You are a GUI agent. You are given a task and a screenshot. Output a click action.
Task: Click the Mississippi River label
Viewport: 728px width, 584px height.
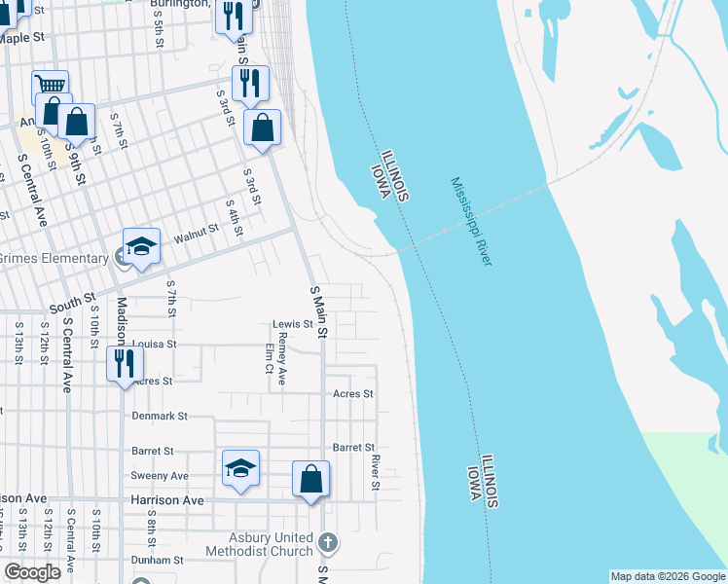[x=472, y=222]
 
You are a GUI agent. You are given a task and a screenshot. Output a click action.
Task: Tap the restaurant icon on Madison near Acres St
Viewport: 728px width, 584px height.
[x=125, y=364]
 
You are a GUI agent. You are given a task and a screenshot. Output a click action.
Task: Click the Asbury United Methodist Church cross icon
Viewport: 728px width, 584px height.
[x=328, y=541]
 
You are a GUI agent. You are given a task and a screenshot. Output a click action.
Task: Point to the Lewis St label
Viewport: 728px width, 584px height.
[x=292, y=324]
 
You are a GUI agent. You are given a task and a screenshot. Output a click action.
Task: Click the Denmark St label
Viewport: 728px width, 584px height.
[x=159, y=416]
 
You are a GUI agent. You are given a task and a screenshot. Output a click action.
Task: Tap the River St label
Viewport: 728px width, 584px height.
[x=376, y=471]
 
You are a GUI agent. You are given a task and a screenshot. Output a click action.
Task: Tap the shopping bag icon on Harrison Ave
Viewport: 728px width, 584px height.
[x=310, y=478]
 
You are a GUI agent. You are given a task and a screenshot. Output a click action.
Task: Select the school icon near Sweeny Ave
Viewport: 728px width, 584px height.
[x=240, y=468]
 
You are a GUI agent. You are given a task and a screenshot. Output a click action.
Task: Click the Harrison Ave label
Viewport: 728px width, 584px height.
[x=167, y=499]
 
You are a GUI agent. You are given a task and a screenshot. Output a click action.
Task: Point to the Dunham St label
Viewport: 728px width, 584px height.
[x=158, y=561]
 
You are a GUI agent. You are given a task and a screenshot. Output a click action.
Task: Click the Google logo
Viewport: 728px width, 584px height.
[x=33, y=572]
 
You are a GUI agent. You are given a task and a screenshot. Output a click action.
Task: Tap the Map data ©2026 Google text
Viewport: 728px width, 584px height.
[x=668, y=576]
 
